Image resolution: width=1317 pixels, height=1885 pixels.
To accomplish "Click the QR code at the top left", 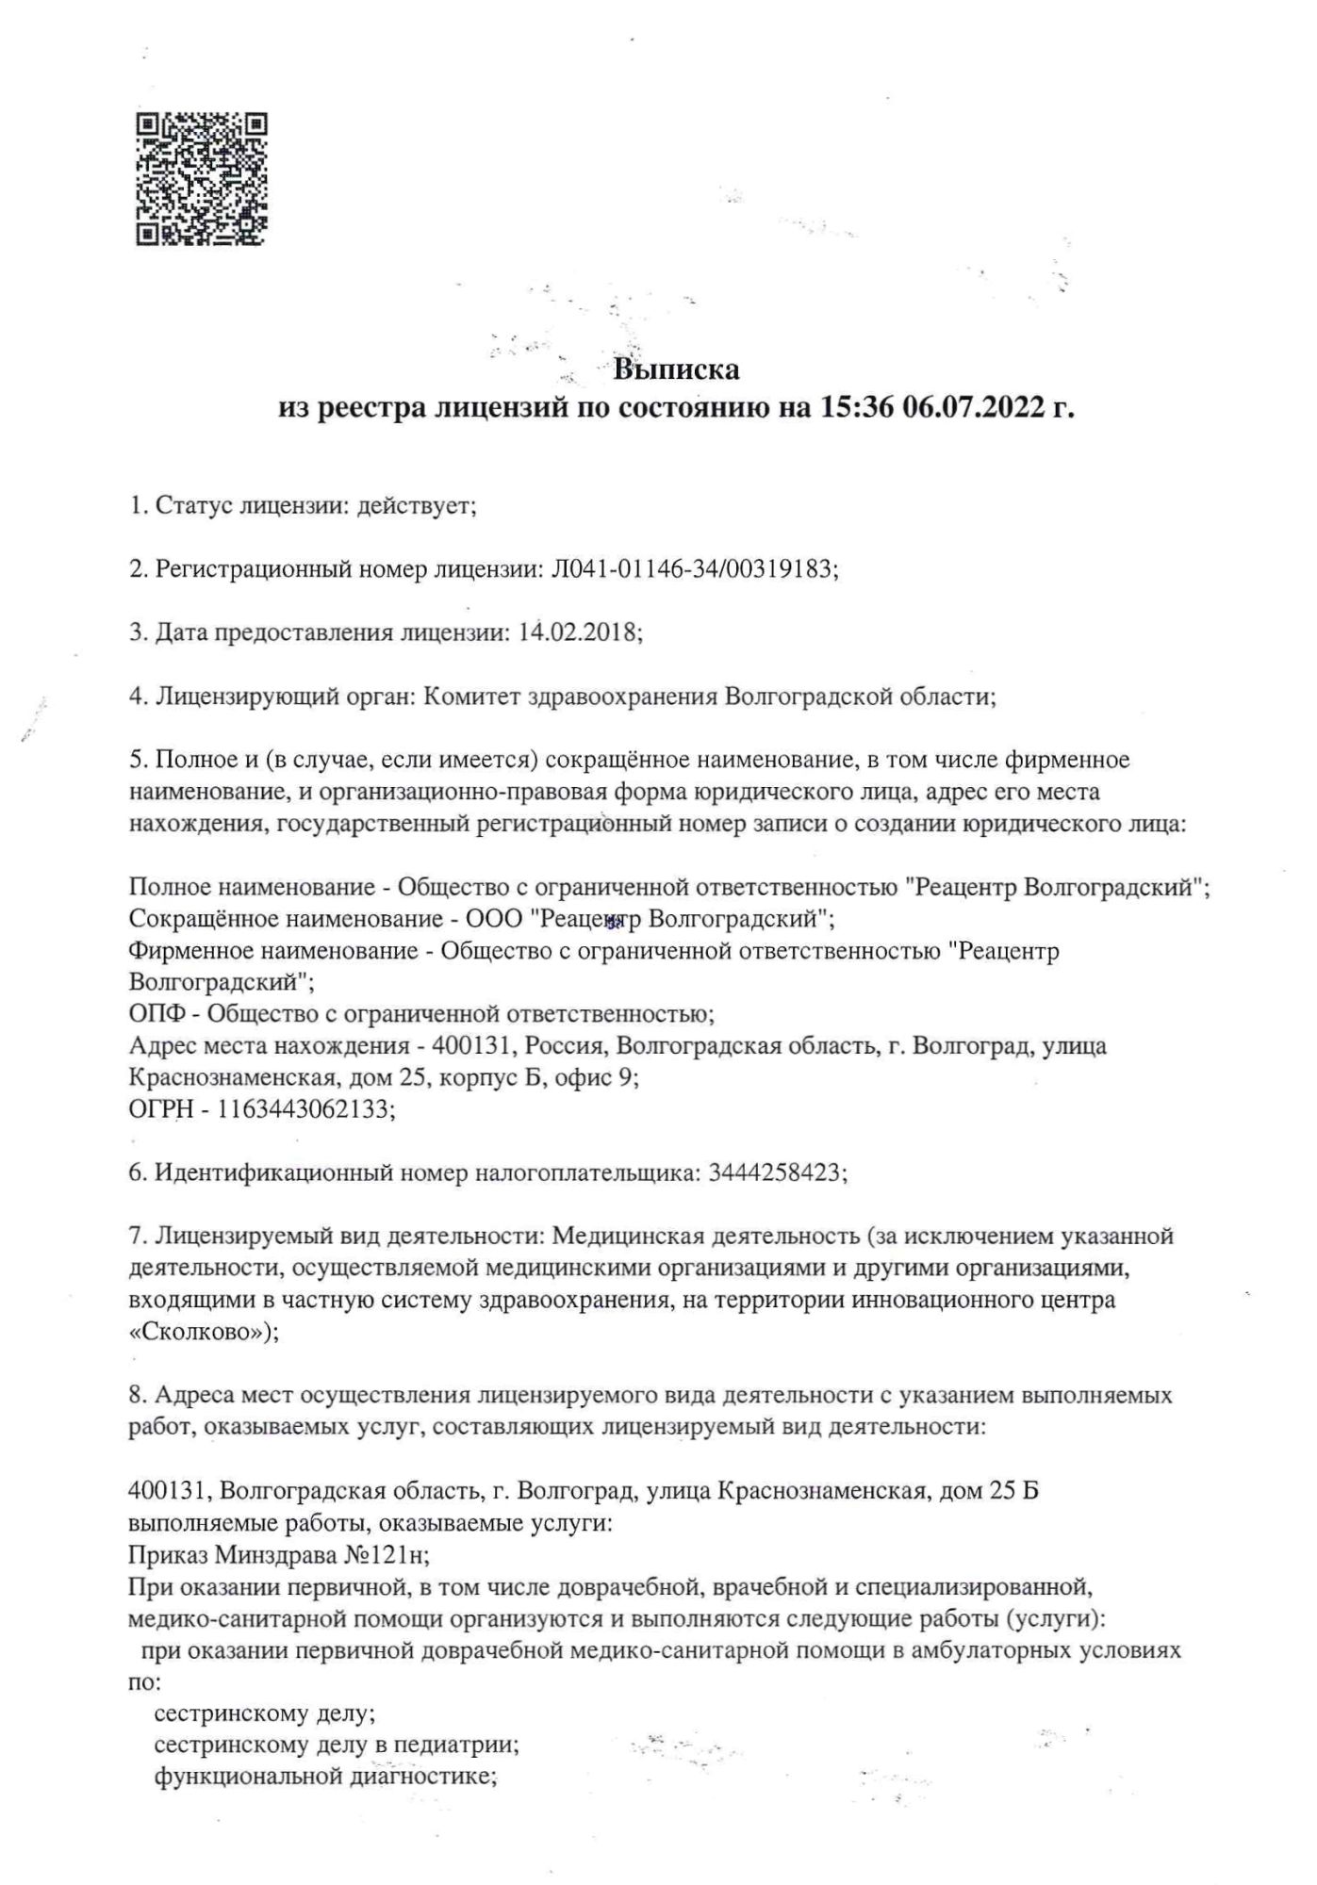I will [x=202, y=179].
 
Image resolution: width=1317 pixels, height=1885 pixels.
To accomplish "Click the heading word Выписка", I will [x=676, y=369].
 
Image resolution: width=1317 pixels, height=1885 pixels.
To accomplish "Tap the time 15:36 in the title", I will [x=850, y=408].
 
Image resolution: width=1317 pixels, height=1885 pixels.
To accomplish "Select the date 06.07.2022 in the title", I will [x=975, y=408].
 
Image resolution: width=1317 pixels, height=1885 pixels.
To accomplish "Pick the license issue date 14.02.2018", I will [x=577, y=632].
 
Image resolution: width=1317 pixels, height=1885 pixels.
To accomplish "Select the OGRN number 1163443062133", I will [x=304, y=1109].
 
